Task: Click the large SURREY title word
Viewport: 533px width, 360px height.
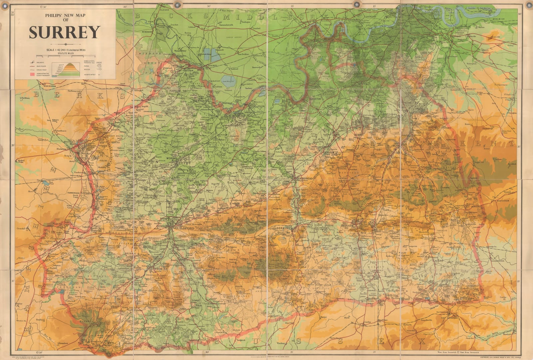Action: tap(64, 32)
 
